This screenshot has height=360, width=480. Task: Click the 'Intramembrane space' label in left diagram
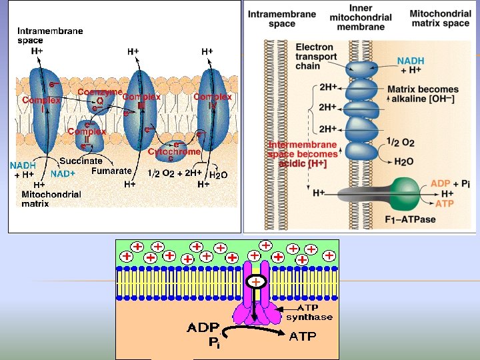[x=50, y=35]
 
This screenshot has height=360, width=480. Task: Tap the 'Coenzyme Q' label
[x=99, y=97]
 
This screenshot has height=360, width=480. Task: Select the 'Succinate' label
[x=81, y=161]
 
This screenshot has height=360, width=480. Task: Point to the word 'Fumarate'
[x=111, y=171]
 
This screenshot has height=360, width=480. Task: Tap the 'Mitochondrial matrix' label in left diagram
[x=51, y=199]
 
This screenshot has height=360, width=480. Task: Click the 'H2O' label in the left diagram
[x=219, y=175]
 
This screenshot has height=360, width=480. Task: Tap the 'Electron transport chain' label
[x=316, y=57]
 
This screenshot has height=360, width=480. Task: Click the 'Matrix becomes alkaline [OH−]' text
[x=423, y=94]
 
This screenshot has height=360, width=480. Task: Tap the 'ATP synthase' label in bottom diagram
[x=309, y=313]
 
